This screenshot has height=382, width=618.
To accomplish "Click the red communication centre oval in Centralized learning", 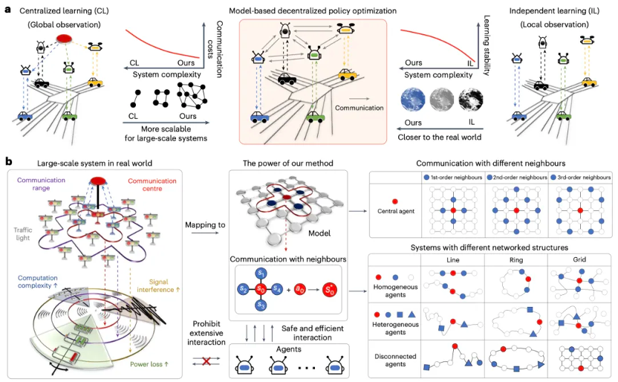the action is [64, 39].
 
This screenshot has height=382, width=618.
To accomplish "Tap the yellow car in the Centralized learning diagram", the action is [95, 82].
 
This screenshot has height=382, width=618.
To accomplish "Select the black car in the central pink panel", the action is [287, 79].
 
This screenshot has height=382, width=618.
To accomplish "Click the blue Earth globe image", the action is [413, 99].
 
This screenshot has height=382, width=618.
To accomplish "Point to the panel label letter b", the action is [8, 161].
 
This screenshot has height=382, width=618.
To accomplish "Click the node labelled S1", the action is [261, 273].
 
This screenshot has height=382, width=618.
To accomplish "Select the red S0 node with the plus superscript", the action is [330, 290].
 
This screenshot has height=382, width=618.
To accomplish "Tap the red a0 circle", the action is [300, 290].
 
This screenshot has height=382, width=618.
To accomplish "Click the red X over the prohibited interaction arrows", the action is [206, 360].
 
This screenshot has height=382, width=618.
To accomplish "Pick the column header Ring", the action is [516, 260].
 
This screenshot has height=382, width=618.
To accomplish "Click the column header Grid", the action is [579, 259].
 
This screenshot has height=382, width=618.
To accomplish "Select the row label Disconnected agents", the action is [395, 360].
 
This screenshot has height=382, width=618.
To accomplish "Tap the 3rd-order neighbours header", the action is [581, 178].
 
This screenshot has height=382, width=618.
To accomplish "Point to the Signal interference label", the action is [158, 285].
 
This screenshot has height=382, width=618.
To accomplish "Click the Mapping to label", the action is [205, 224].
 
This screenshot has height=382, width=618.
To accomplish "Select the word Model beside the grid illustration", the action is [319, 233].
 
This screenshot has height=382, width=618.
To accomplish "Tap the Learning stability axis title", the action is [487, 45].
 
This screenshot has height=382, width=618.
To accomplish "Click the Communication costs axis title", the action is [215, 49].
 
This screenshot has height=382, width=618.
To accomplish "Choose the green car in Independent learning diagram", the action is [564, 116].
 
